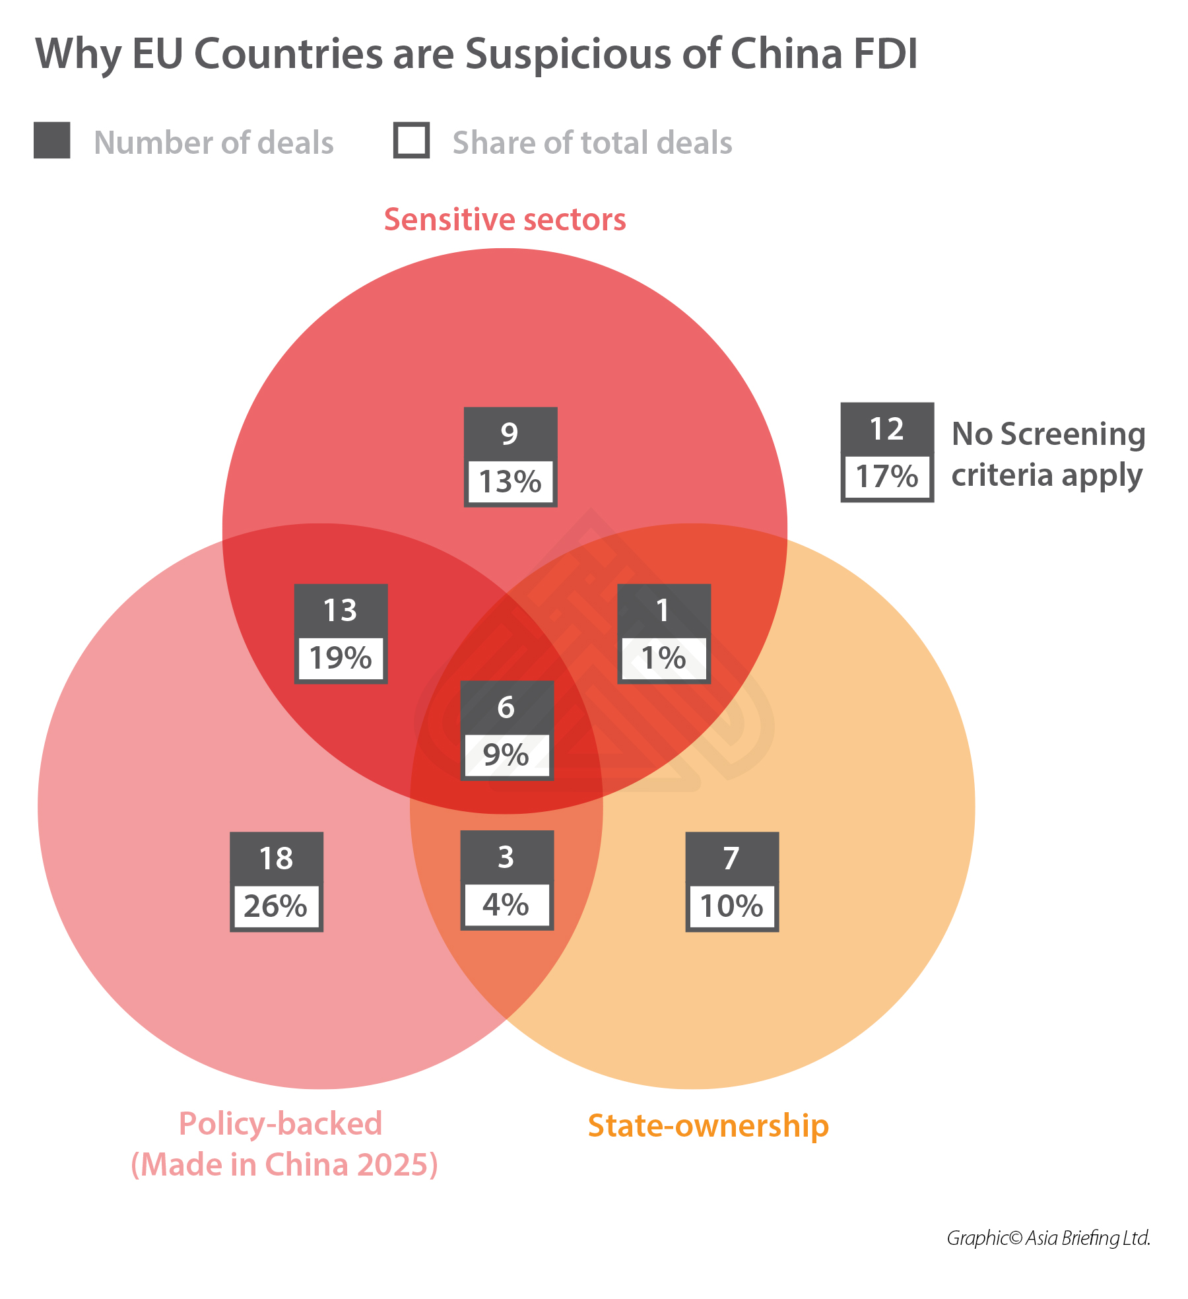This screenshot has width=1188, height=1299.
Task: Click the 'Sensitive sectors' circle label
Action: [505, 220]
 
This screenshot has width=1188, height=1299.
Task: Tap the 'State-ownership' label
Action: [708, 1125]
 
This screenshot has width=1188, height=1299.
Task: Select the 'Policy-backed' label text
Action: [280, 1123]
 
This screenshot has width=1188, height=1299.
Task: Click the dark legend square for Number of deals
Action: [52, 141]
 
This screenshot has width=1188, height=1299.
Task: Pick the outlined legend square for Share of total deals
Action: [411, 141]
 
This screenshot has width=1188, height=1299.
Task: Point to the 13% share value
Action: [510, 482]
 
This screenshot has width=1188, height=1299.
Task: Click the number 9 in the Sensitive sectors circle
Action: [510, 434]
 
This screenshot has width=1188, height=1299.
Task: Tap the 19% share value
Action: [341, 658]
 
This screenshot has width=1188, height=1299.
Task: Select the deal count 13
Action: [341, 610]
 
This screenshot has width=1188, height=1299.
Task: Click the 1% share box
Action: [663, 658]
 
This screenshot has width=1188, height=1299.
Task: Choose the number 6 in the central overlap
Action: [506, 708]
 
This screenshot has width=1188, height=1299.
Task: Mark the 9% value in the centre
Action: [506, 755]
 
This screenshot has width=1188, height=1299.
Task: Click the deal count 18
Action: [276, 858]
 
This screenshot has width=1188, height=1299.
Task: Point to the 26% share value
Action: [276, 906]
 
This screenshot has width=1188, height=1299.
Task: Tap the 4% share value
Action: [506, 905]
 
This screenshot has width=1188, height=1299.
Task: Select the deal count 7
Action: [731, 858]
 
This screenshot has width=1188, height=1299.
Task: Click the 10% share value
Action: [732, 906]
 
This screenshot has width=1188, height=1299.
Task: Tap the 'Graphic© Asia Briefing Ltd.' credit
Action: [1048, 1238]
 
